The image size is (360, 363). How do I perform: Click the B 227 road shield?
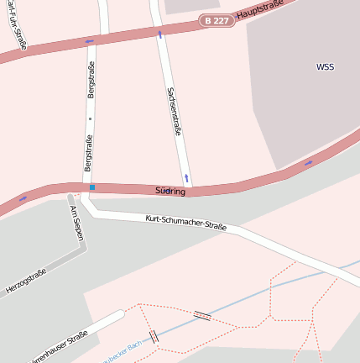click(x=216, y=18)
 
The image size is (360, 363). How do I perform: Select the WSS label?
click(x=325, y=66)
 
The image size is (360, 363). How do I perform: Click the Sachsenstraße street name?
click(x=175, y=111)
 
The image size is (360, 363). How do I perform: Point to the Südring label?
click(x=170, y=191)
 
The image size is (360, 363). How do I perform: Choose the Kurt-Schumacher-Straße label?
click(x=185, y=222)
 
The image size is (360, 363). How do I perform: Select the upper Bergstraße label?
click(x=91, y=78)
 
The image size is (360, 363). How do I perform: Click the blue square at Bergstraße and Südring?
click(x=92, y=187)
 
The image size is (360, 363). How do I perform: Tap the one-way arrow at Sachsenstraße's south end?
click(x=187, y=178)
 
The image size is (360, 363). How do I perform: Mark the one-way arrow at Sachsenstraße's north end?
click(x=159, y=34)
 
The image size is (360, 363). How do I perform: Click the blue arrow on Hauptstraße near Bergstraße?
click(x=89, y=40)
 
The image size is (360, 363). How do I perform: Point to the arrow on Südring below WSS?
click(x=309, y=162)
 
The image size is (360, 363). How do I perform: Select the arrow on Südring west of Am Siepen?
click(x=23, y=198)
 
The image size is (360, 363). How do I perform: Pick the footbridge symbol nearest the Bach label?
click(x=154, y=336)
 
